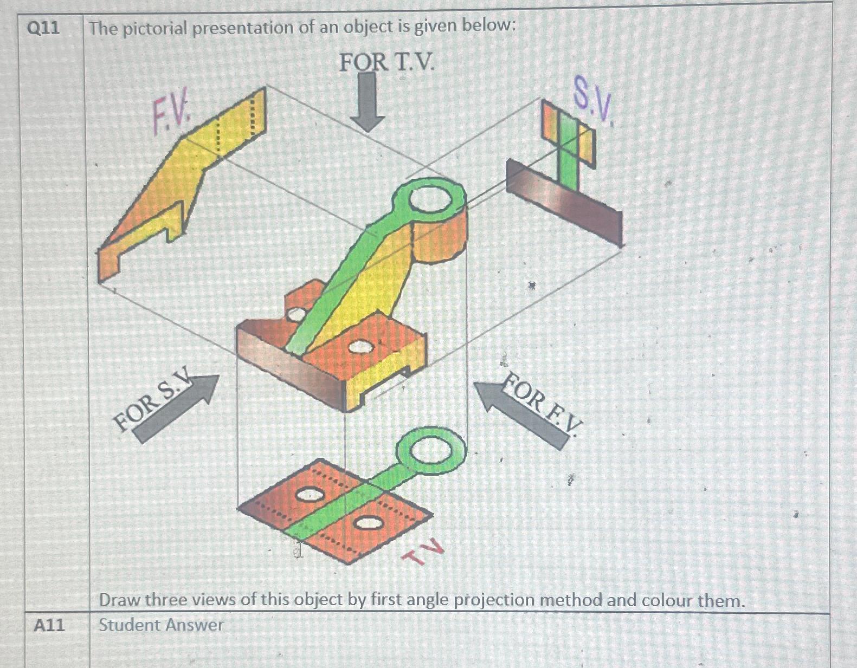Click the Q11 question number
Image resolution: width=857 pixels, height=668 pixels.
(43, 29)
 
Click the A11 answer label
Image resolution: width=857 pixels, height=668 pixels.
(49, 626)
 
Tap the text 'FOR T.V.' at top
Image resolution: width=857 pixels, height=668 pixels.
(386, 62)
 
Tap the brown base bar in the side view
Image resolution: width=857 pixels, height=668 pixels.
(564, 203)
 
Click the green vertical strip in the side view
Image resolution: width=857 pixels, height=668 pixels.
(568, 152)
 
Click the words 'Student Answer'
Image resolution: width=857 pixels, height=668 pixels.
(161, 625)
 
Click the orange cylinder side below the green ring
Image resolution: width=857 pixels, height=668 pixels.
(442, 238)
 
